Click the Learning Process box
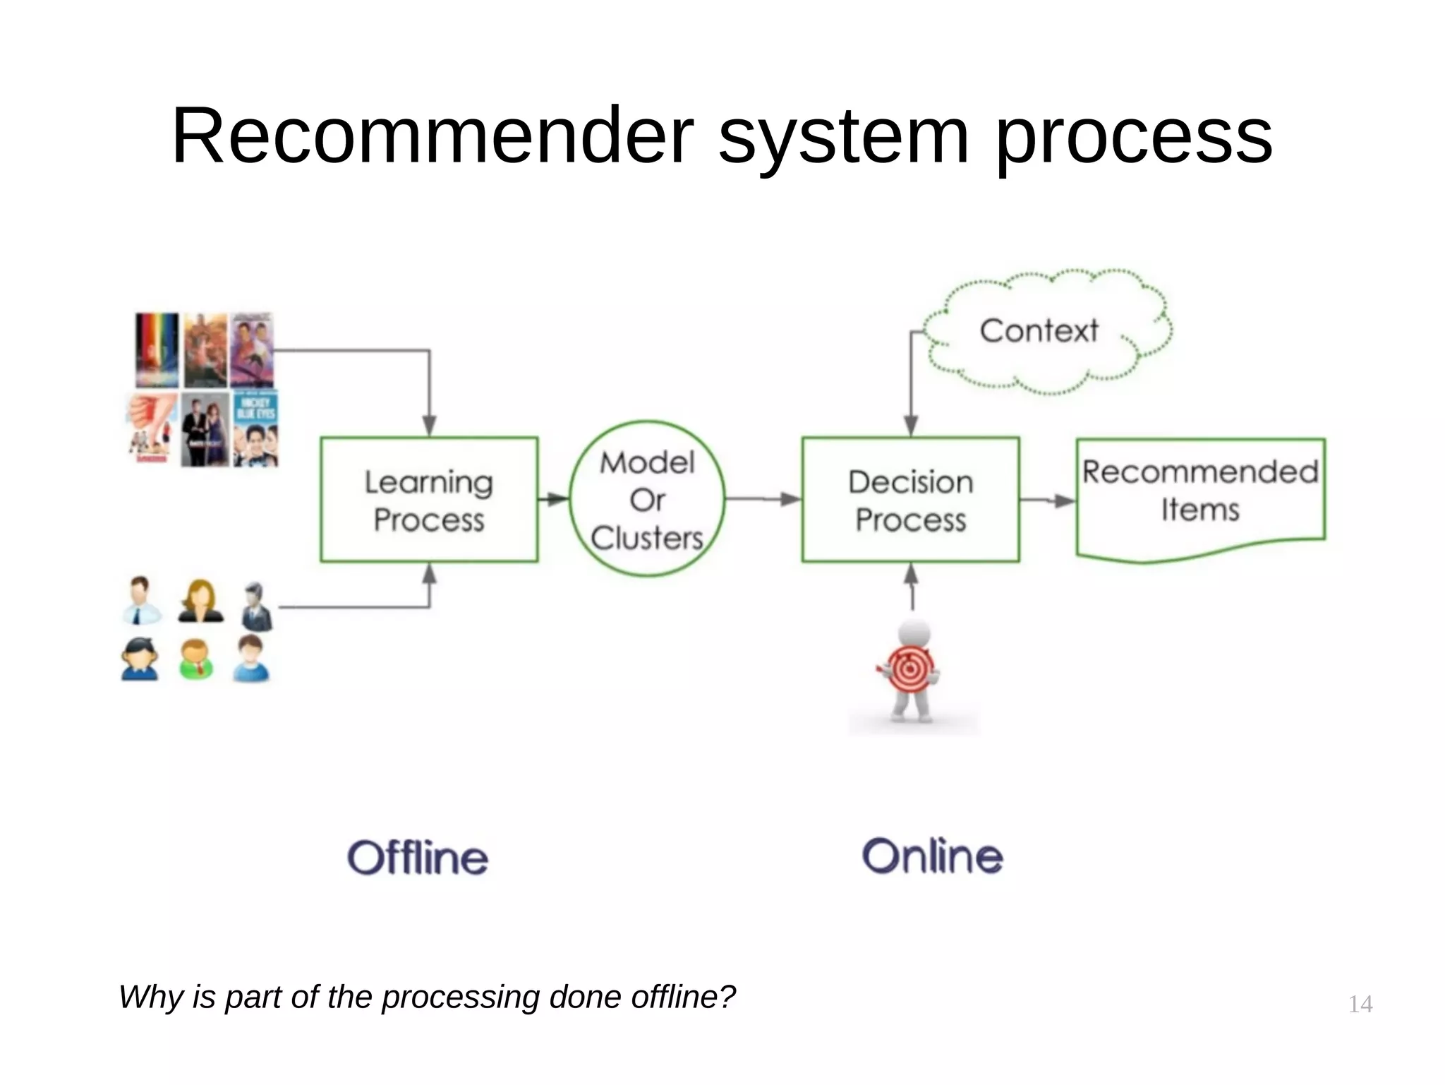click(x=429, y=500)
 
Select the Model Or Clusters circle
click(x=647, y=499)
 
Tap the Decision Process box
click(x=910, y=500)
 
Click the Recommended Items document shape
click(x=1200, y=494)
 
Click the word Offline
click(x=418, y=858)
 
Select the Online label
click(x=932, y=856)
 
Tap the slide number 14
click(x=1360, y=1004)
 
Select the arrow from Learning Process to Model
click(x=554, y=500)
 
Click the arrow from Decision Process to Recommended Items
click(x=1048, y=500)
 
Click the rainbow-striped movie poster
click(x=157, y=349)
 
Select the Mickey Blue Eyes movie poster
click(x=255, y=428)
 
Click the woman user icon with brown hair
click(x=200, y=601)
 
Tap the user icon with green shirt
click(x=195, y=659)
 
